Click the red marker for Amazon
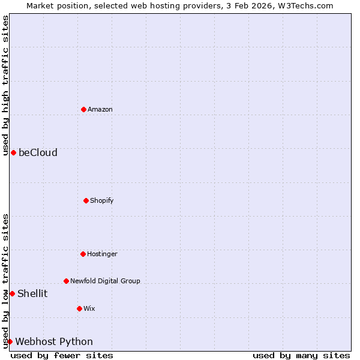(x=83, y=109)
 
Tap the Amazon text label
(x=100, y=109)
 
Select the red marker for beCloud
(x=13, y=152)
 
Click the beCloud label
(x=38, y=152)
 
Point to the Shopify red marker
(x=86, y=200)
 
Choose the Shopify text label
(x=102, y=200)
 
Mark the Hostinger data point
(x=83, y=254)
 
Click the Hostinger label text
(x=102, y=254)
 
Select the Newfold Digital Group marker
(x=66, y=281)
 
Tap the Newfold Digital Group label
(x=105, y=281)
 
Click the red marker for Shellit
(x=12, y=293)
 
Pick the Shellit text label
(x=32, y=293)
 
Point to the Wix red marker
(x=79, y=308)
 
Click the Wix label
(x=89, y=308)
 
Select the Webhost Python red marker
(x=10, y=341)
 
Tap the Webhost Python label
(x=54, y=341)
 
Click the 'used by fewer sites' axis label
(x=62, y=355)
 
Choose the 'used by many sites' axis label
(x=301, y=355)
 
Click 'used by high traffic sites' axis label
(x=5, y=85)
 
